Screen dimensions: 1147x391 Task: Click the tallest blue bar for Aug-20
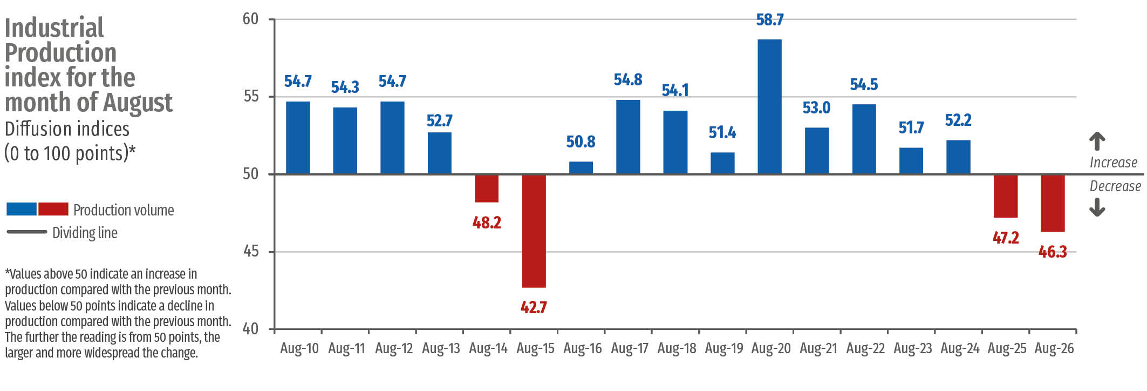769,106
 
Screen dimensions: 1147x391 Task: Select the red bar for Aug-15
534,231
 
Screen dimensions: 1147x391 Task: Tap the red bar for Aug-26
1053,203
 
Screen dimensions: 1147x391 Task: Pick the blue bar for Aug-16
581,167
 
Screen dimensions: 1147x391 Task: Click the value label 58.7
770,20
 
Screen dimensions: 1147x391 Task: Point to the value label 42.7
534,307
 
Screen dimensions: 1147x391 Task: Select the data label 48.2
487,223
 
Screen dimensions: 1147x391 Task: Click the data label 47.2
1006,238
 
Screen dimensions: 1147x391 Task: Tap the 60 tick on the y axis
251,19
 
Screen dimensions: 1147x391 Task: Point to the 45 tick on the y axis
251,252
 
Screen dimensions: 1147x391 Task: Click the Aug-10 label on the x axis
299,348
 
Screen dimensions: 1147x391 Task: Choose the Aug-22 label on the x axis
865,348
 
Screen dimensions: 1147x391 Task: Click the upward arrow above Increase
1097,141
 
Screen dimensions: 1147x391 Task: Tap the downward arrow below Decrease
1097,207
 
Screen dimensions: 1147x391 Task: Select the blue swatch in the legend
22,209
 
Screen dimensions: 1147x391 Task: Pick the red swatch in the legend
53,209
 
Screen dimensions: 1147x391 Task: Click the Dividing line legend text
85,233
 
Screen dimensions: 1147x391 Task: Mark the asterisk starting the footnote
8,272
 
